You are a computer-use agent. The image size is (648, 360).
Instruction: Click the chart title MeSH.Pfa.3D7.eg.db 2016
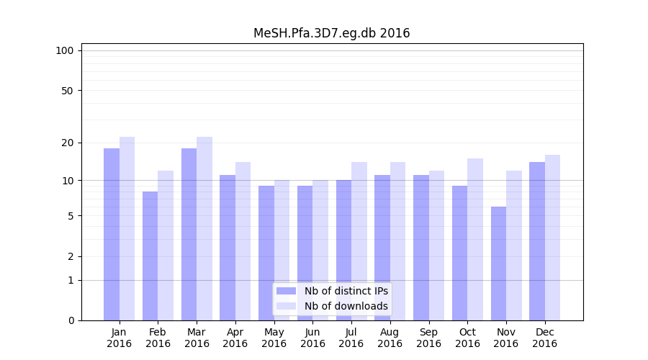(331, 33)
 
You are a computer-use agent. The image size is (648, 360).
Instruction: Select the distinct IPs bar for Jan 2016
(112, 234)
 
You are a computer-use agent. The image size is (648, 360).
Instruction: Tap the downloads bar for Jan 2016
(127, 228)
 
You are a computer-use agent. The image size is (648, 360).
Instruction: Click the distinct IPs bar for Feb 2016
(150, 256)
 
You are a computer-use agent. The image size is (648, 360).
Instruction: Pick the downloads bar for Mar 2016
(204, 228)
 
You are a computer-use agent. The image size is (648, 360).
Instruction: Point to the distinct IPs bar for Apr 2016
(228, 247)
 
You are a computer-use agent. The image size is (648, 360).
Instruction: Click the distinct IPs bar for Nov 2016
(498, 264)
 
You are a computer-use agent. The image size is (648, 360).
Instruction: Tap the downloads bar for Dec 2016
(552, 238)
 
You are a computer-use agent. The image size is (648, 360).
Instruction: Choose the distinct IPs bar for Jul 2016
(343, 250)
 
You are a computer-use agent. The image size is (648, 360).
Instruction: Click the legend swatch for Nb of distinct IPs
(286, 291)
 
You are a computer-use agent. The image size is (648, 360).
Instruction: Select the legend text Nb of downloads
(346, 306)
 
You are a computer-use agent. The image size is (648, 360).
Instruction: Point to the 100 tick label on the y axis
(65, 50)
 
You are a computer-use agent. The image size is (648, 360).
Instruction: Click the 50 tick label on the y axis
(67, 91)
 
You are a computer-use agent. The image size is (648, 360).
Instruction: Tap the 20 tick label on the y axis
(67, 143)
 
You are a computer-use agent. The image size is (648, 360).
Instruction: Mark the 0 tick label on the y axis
(71, 320)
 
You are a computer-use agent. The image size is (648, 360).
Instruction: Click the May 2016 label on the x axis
(274, 338)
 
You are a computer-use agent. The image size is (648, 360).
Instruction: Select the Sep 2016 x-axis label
(428, 338)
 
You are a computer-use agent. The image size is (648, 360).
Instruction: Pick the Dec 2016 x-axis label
(544, 338)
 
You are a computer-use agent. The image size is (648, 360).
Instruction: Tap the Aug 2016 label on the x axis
(390, 338)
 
